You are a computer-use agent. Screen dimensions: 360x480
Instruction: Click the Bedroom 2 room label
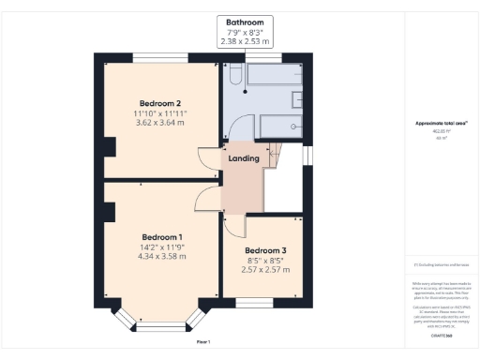coord(160,102)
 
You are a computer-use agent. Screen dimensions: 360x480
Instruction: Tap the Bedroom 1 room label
coord(161,236)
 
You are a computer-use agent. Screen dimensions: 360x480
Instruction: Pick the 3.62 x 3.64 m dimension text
coord(160,122)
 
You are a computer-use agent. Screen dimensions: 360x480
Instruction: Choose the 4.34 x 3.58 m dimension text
coord(161,256)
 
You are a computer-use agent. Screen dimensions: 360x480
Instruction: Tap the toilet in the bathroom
coord(234,78)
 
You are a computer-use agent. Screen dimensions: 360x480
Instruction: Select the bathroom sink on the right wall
coord(297,98)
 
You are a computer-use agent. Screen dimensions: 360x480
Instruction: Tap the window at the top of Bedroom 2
coord(159,58)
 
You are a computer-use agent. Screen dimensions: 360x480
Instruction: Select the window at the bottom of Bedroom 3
coord(254,302)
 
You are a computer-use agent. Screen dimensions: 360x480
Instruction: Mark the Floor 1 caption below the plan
coord(202,341)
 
